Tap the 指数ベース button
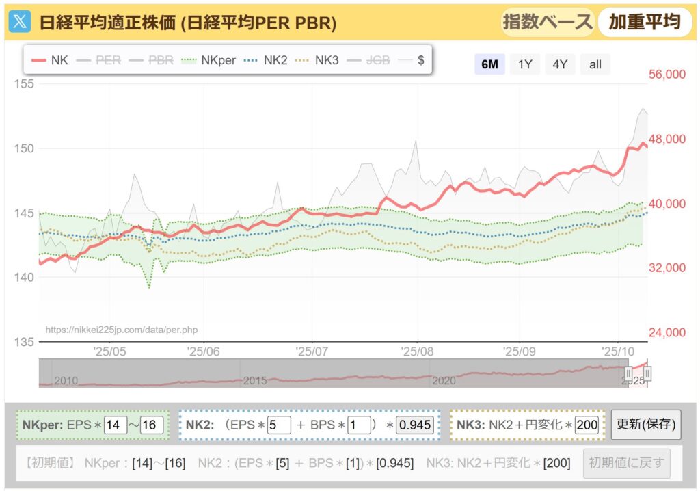547,22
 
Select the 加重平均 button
645,22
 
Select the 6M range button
489,64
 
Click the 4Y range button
560,64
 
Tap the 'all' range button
595,64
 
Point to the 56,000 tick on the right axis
666,74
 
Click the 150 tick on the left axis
24,148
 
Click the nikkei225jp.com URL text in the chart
121,330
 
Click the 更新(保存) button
646,425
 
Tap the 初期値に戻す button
626,463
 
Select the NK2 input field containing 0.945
415,425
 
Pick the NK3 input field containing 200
587,425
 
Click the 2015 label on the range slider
255,380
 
